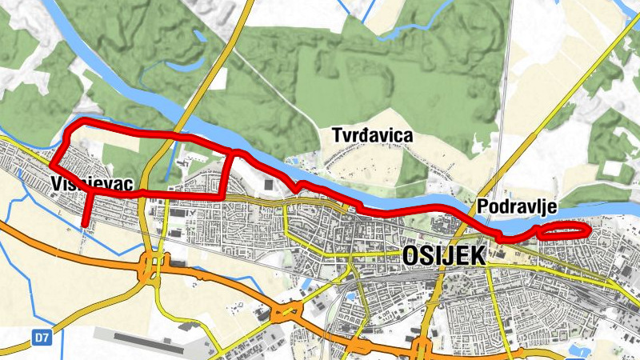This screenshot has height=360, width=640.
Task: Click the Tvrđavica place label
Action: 372,136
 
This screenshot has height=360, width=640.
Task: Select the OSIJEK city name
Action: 445,255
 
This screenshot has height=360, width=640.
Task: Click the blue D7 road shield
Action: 42,338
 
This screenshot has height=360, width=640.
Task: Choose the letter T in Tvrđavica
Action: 336,136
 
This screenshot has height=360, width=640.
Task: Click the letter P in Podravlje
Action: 482,207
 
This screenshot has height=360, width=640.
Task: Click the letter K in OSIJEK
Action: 478,255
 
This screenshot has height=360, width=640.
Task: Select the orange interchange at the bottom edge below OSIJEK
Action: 422,346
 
